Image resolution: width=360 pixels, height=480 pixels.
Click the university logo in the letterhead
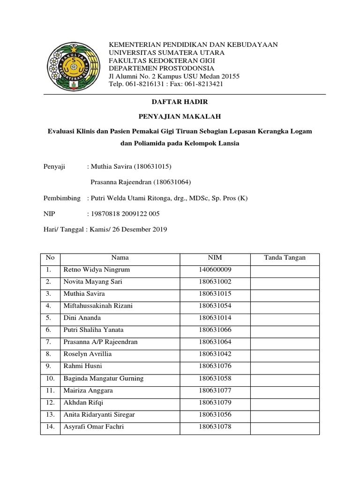(x=72, y=64)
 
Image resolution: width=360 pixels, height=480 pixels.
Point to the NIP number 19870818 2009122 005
(x=125, y=214)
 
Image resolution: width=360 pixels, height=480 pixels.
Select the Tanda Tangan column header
(x=285, y=258)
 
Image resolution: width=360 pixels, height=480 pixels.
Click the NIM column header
(x=215, y=258)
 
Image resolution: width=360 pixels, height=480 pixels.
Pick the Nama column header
(x=120, y=258)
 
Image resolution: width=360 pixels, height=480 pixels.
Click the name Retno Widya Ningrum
(x=97, y=270)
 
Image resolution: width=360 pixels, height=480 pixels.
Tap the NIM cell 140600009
(x=215, y=270)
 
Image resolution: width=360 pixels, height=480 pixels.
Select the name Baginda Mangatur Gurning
(x=104, y=378)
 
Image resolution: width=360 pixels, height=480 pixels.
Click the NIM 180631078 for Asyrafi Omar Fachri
(x=215, y=427)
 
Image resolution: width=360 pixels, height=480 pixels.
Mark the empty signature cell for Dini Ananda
(x=285, y=318)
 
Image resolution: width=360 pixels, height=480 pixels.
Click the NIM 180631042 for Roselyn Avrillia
(x=215, y=354)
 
